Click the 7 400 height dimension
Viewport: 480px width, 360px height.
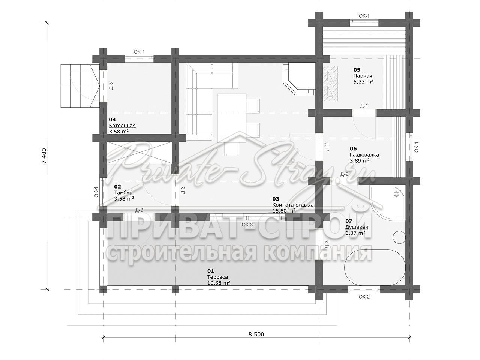coord(44,156)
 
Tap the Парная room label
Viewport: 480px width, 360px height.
coord(363,76)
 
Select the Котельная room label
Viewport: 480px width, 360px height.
coord(122,126)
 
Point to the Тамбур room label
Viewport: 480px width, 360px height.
coord(123,193)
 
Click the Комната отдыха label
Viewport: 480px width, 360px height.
coord(293,205)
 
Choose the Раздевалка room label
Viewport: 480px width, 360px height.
coord(364,155)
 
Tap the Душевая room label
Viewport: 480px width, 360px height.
coord(357,227)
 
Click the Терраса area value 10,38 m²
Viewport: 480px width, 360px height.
coord(219,283)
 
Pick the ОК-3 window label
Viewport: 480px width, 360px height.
coord(247,225)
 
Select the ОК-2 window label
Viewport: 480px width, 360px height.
coord(364,297)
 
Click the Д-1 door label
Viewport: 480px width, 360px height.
coord(364,106)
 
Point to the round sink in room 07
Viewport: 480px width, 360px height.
coord(399,237)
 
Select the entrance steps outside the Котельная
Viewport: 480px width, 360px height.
coord(80,85)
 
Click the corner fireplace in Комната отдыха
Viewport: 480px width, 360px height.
coord(299,78)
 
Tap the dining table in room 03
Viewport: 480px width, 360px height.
coord(232,118)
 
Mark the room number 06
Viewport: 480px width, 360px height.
coord(353,148)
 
